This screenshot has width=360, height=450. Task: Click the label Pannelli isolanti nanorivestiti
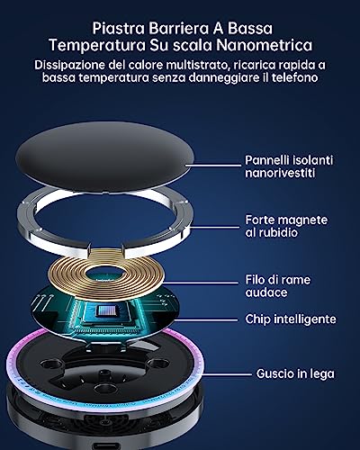coord(284,166)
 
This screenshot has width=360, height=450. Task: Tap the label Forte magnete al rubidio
coord(285,227)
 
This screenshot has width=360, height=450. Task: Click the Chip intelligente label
coord(290,319)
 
